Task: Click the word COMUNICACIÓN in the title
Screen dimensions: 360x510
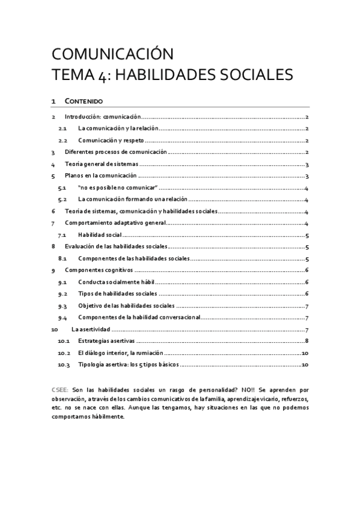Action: pyautogui.click(x=112, y=54)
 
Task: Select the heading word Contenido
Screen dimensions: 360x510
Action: pyautogui.click(x=84, y=101)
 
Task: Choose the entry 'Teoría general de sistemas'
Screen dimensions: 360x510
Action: pyautogui.click(x=102, y=164)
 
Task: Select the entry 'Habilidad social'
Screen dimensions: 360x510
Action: pyautogui.click(x=100, y=235)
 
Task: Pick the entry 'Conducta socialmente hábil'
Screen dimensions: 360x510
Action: pyautogui.click(x=117, y=282)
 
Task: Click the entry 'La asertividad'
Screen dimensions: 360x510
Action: pyautogui.click(x=90, y=329)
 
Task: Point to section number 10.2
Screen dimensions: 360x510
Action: pyautogui.click(x=64, y=353)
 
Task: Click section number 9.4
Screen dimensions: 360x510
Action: pyautogui.click(x=63, y=318)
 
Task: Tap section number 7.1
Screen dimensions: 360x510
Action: pyautogui.click(x=63, y=235)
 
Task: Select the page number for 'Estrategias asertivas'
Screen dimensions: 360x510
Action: pyautogui.click(x=307, y=341)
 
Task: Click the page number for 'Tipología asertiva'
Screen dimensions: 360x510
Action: pyautogui.click(x=305, y=364)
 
